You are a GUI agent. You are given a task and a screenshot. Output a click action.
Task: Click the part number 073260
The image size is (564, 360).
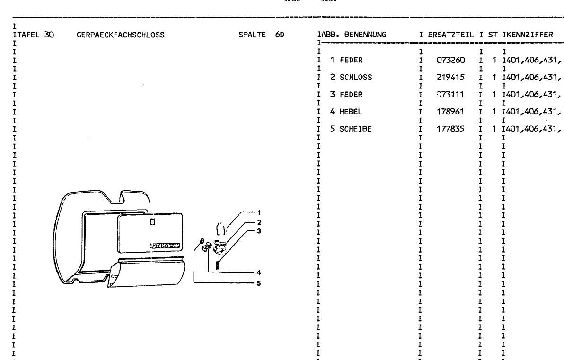pos(451,60)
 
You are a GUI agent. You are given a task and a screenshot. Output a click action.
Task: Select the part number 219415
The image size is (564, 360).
pos(451,77)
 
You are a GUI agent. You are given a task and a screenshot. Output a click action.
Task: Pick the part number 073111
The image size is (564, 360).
pos(451,95)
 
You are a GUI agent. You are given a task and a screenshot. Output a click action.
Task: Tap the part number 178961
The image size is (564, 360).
pos(451,112)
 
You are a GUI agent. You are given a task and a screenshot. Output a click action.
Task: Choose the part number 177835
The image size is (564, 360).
pos(451,129)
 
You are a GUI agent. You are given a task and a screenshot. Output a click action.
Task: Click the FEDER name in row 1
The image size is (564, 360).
pos(351,60)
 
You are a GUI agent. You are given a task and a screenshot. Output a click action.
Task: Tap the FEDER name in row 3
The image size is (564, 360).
pos(351,95)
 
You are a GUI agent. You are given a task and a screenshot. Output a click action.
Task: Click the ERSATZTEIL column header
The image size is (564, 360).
pos(451,35)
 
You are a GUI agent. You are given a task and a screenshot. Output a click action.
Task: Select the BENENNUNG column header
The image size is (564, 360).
pos(365,35)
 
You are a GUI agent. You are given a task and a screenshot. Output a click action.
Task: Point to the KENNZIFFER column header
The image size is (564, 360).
pos(529,35)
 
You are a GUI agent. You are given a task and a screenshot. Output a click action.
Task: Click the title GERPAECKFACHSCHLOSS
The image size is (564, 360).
pos(120,35)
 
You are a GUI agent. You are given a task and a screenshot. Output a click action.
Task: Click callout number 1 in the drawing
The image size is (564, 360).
pos(259,212)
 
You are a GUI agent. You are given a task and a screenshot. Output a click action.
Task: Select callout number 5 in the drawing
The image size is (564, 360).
pos(259,283)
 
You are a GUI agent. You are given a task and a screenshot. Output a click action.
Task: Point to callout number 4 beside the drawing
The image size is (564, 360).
pos(259,272)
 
